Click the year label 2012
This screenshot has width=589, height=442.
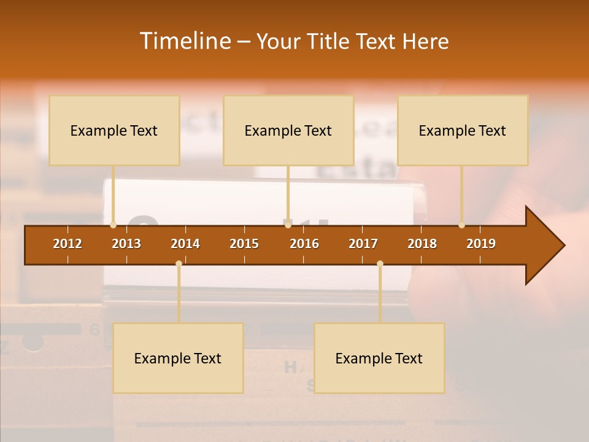click(x=67, y=244)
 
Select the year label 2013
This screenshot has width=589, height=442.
click(x=126, y=244)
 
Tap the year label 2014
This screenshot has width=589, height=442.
click(x=185, y=244)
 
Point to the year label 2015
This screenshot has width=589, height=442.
click(x=244, y=244)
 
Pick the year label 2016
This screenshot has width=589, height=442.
click(x=304, y=244)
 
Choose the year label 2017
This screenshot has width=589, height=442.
click(x=363, y=244)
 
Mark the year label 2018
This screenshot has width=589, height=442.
click(x=422, y=244)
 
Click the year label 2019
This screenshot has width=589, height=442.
click(x=481, y=244)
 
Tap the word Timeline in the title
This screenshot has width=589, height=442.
click(x=185, y=41)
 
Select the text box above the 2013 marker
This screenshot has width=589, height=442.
click(x=114, y=131)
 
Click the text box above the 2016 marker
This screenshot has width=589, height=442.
click(x=288, y=131)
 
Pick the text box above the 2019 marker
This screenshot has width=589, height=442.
click(x=463, y=131)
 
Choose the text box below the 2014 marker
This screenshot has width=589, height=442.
click(x=178, y=359)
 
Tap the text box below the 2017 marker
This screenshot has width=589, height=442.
click(x=379, y=359)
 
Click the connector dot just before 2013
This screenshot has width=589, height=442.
click(x=114, y=225)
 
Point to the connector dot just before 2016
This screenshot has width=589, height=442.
click(x=288, y=225)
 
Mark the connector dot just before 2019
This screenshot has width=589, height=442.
click(x=461, y=225)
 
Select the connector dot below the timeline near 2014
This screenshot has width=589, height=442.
click(x=179, y=264)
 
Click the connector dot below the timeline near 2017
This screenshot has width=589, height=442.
click(x=380, y=264)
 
